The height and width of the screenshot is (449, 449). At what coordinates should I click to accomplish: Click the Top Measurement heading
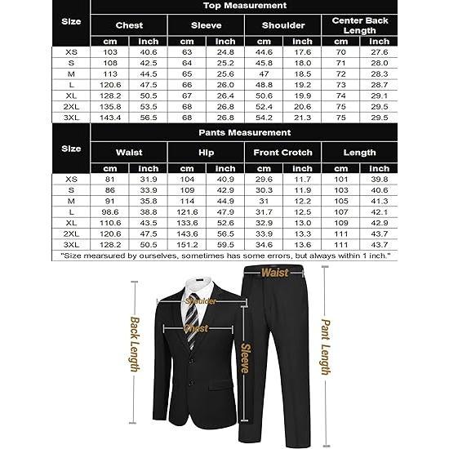pos(244,7)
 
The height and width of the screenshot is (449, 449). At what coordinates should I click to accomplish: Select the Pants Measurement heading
pos(244,131)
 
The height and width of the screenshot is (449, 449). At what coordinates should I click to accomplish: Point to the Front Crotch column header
pos(282,152)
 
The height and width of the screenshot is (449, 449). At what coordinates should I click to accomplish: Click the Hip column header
pos(206,152)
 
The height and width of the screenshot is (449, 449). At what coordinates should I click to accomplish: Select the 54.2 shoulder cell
pos(264,118)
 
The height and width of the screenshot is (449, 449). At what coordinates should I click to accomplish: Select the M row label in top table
pos(71,73)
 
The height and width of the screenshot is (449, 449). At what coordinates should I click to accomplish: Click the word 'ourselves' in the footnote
pos(156,256)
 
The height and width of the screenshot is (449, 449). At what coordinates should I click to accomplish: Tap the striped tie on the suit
pos(191,314)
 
